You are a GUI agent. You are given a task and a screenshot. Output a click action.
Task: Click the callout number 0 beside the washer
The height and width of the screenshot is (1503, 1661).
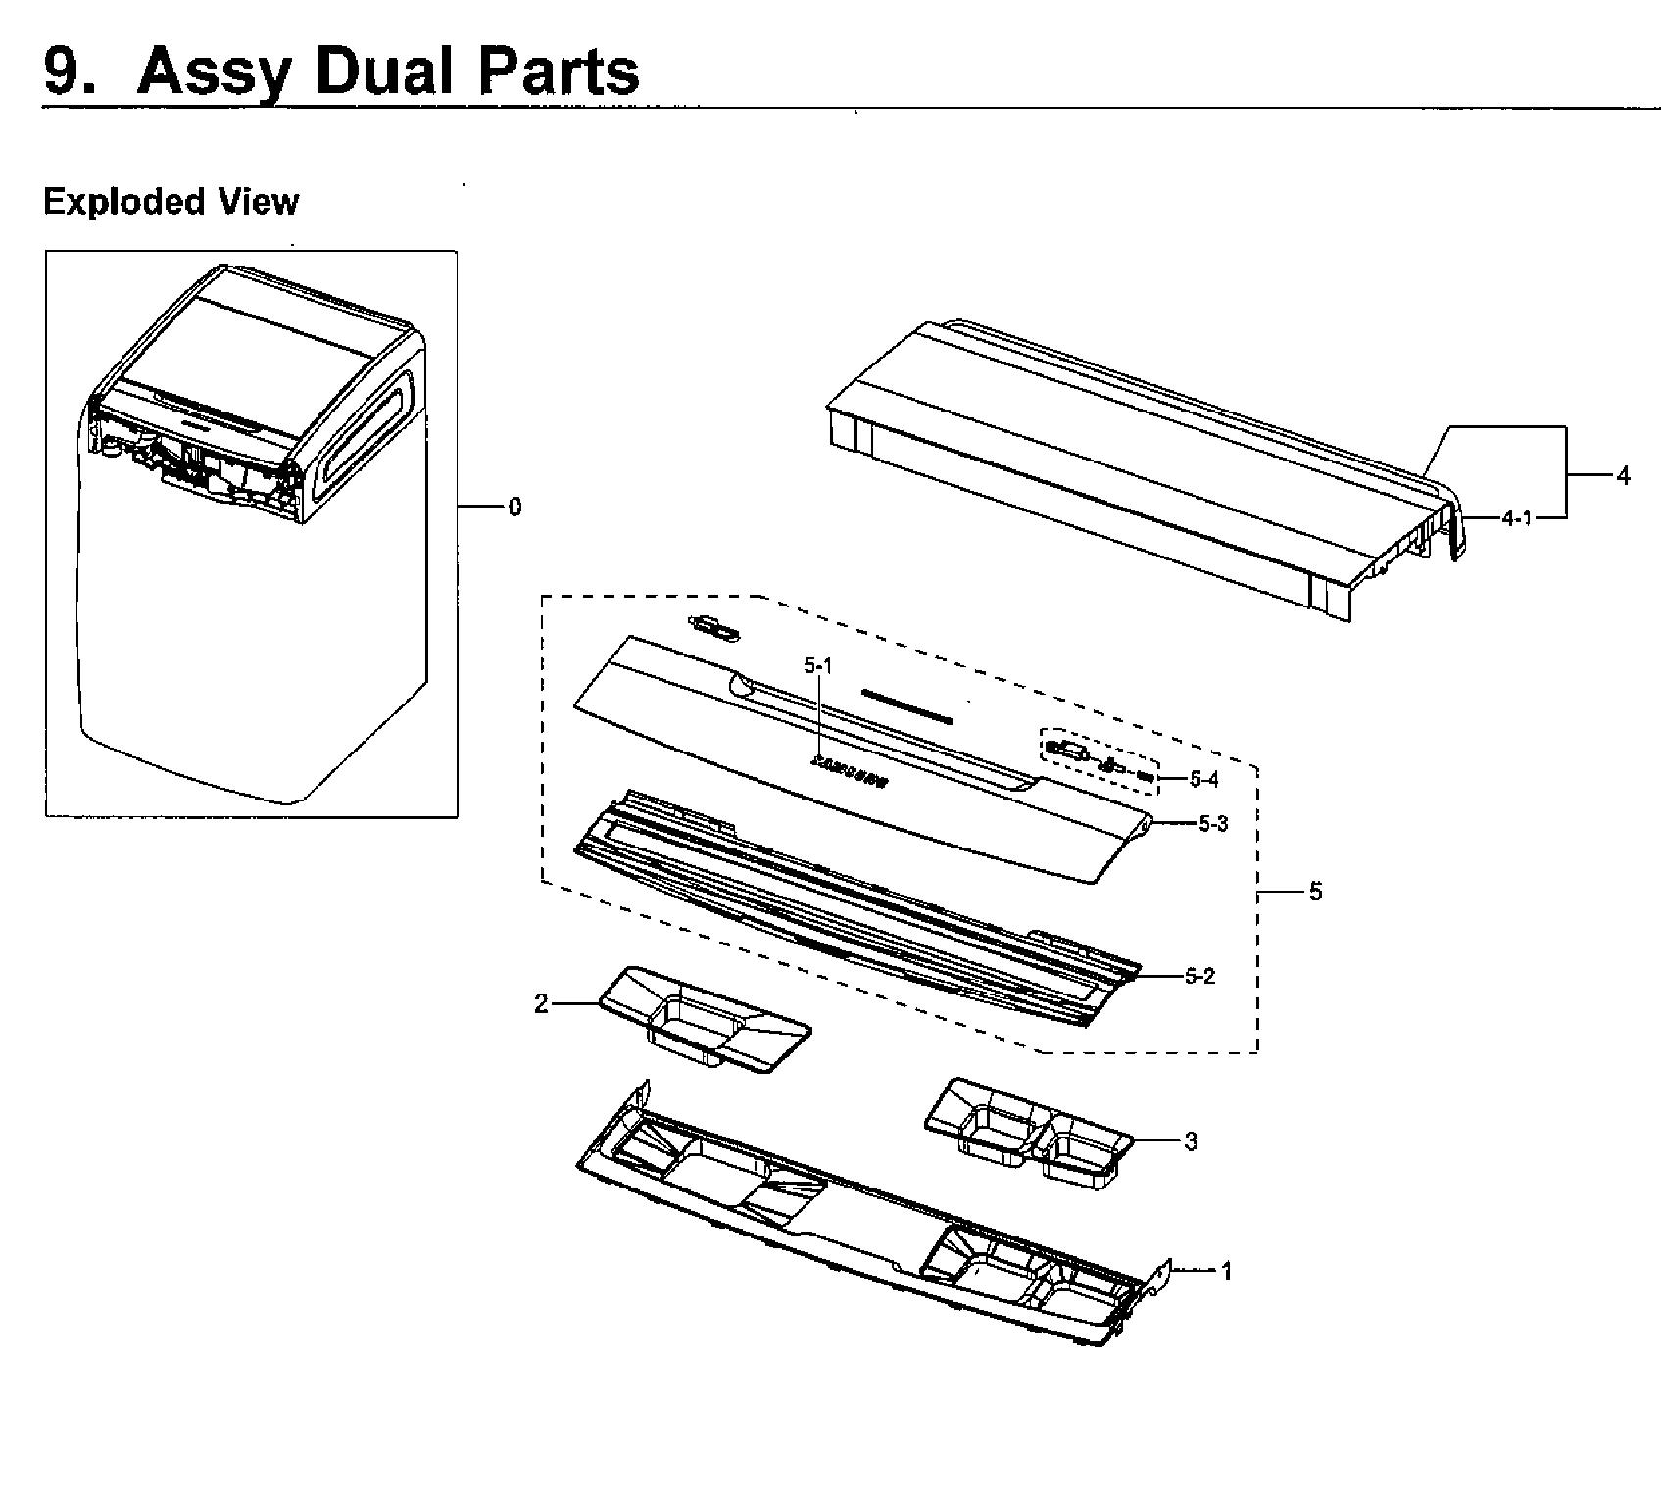(x=514, y=508)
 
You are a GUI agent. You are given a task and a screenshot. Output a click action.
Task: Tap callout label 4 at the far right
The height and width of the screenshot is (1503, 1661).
(x=1623, y=476)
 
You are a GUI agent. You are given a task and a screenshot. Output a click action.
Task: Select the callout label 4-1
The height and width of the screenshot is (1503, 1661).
(x=1516, y=518)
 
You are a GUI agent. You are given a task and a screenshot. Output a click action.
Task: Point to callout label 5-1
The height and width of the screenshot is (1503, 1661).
(x=817, y=666)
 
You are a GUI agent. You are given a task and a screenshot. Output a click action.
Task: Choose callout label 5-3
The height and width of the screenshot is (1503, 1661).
(x=1213, y=824)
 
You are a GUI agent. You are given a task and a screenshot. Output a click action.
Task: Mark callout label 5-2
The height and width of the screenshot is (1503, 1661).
(x=1200, y=976)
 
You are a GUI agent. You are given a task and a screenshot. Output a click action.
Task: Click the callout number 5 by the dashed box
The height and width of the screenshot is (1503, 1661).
(x=1315, y=892)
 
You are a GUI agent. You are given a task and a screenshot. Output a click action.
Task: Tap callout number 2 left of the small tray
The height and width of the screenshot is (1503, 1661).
(x=541, y=1004)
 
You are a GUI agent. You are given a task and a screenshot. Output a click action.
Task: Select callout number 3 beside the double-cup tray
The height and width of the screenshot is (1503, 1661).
(x=1191, y=1141)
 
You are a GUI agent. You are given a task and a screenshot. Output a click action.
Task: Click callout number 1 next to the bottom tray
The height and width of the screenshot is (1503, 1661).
(x=1225, y=1272)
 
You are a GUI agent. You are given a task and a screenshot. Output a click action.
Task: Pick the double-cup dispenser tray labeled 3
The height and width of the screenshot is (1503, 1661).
(x=1029, y=1132)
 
